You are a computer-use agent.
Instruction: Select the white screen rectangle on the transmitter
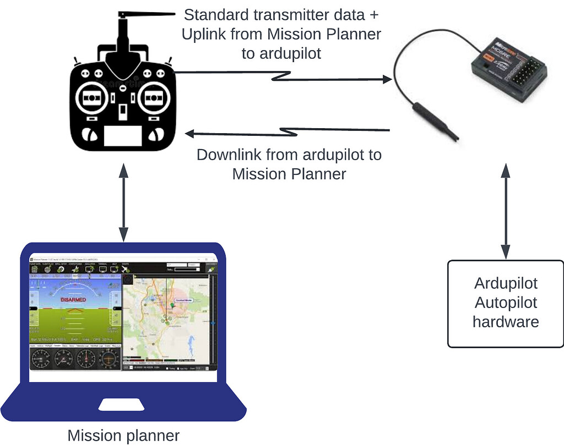(x=123, y=136)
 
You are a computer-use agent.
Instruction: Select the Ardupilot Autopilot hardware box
(x=505, y=303)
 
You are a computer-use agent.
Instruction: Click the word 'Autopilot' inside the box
(x=506, y=303)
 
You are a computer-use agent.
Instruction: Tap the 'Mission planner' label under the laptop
(x=123, y=436)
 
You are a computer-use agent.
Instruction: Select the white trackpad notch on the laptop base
(x=122, y=405)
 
